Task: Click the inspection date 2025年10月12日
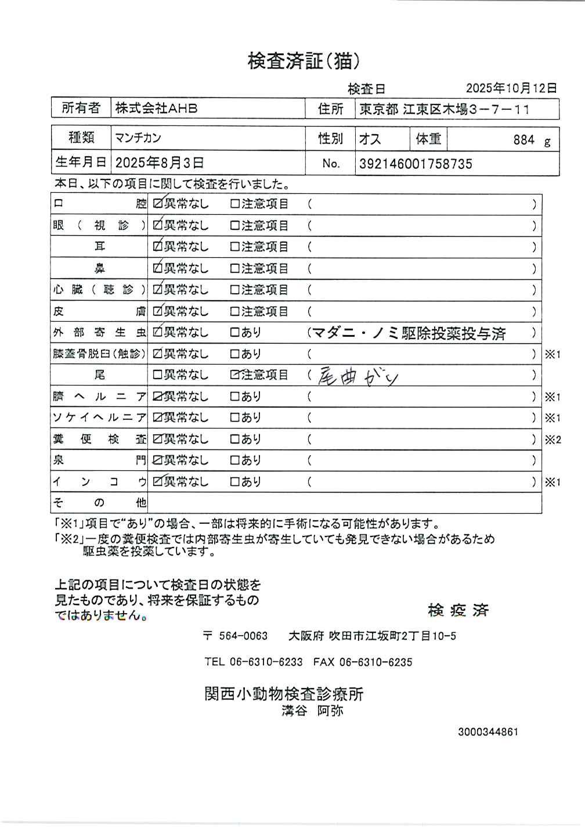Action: (511, 88)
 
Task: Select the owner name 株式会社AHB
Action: (156, 108)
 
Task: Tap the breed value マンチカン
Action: (138, 138)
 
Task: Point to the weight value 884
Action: (523, 140)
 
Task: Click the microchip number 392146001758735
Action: (416, 164)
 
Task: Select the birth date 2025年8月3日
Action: (159, 163)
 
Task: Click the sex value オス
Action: (370, 139)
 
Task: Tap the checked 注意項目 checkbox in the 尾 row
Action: (235, 375)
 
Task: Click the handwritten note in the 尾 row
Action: (358, 377)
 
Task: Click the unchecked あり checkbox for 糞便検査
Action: (235, 440)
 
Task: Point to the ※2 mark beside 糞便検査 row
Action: (552, 440)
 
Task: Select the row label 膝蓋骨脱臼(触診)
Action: (99, 354)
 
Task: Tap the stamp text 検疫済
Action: (458, 610)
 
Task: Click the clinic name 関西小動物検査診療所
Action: (284, 694)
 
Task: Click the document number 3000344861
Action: (488, 732)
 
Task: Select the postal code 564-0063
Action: (243, 636)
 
